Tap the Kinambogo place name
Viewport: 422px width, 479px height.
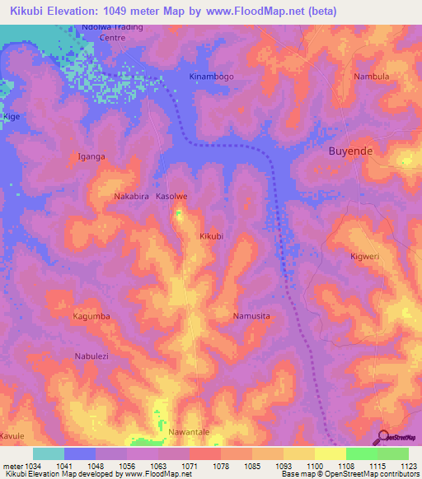(212, 77)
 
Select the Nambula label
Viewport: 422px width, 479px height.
(371, 77)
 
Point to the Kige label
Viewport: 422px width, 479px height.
(12, 117)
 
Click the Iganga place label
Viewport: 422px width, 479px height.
(91, 156)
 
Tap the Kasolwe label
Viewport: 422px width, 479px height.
(172, 198)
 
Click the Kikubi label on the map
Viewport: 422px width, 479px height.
(212, 236)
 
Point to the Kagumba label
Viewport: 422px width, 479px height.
(91, 316)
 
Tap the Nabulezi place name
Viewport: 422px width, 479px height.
(96, 356)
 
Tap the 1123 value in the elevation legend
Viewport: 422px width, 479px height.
(409, 465)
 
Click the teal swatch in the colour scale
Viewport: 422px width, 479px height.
(48, 453)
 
